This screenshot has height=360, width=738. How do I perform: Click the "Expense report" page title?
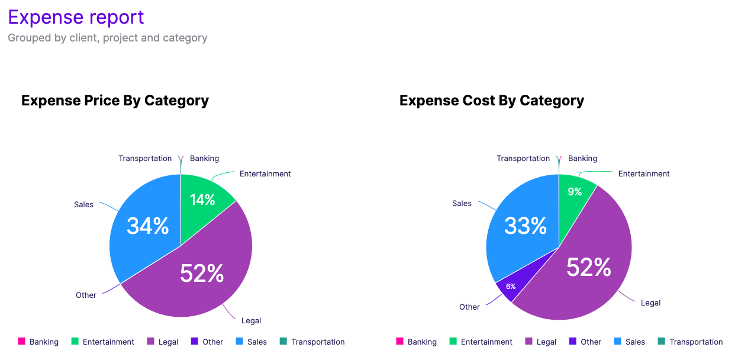[x=76, y=17]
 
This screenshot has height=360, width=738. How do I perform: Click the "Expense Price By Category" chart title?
[x=115, y=101]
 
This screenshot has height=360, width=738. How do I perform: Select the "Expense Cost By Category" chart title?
[x=492, y=101]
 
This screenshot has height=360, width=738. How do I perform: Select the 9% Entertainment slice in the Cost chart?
[x=575, y=192]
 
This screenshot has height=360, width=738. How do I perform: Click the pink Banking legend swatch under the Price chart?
[x=22, y=341]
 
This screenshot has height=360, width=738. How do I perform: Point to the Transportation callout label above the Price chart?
[x=145, y=158]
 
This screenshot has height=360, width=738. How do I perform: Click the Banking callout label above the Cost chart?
[x=582, y=158]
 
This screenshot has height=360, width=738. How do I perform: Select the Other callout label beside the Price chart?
[x=86, y=295]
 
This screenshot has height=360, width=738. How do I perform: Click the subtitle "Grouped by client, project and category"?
[x=108, y=38]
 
